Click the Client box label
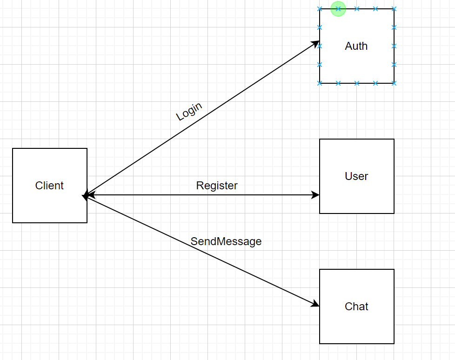(x=49, y=186)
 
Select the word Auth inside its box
(x=356, y=46)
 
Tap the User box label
(x=356, y=176)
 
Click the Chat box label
(x=356, y=307)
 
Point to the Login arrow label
(x=189, y=112)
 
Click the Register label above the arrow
(x=217, y=186)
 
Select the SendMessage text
(x=226, y=241)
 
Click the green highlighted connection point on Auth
(x=338, y=9)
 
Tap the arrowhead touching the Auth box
(x=315, y=44)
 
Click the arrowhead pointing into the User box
(x=315, y=195)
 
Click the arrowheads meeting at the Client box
(x=86, y=195)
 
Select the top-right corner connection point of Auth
(x=394, y=9)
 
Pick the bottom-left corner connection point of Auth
(x=320, y=83)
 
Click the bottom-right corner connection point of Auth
(x=394, y=83)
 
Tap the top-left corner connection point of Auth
(x=320, y=9)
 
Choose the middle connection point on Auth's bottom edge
(x=357, y=83)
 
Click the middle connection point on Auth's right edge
(x=394, y=46)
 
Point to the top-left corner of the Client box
(x=13, y=148)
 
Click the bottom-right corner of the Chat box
(x=394, y=344)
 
